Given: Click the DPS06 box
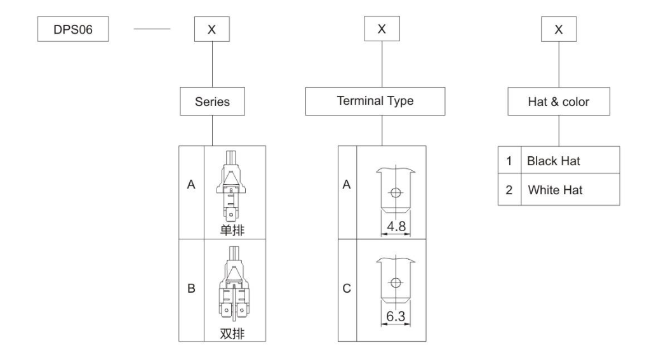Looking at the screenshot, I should (71, 29).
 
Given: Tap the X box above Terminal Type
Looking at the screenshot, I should (381, 29).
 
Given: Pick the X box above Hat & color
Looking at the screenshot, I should (558, 29).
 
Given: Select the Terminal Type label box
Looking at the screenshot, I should (382, 102).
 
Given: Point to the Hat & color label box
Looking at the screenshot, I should (558, 102).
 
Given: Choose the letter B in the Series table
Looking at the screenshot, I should (190, 289).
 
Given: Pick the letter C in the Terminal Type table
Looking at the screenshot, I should (347, 289).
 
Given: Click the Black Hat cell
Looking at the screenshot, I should (553, 161).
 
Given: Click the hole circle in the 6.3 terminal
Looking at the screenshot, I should (395, 283).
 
